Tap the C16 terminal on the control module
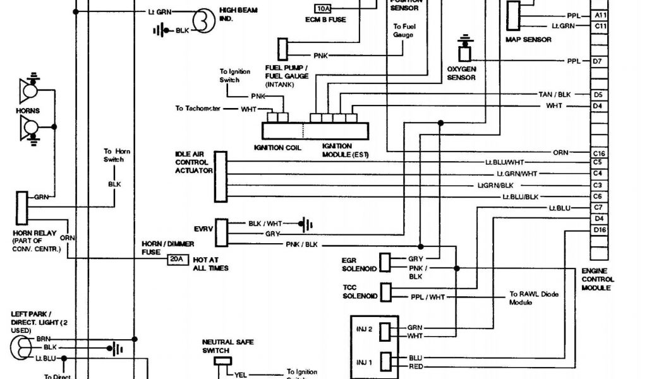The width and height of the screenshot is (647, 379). click(599, 153)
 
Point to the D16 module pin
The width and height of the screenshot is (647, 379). click(599, 230)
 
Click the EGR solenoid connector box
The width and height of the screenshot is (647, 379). click(384, 262)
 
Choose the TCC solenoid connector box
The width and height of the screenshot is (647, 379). click(385, 292)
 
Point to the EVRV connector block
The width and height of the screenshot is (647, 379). click(221, 232)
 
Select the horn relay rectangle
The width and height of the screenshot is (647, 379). click(21, 204)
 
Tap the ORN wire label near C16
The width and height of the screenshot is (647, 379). click(560, 153)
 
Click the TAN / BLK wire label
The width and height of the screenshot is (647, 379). click(555, 94)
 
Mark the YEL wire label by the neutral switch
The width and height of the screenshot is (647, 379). click(241, 374)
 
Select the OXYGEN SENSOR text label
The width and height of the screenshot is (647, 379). click(461, 73)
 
